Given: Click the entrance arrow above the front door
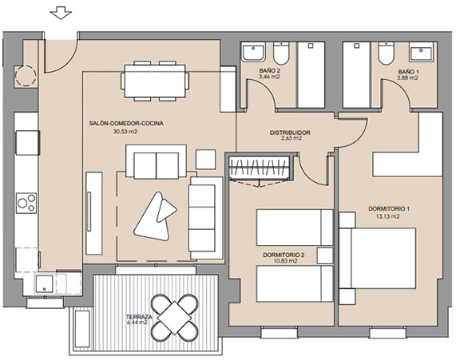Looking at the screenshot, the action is tap(61, 14).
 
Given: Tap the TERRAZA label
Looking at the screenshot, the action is tap(139, 317).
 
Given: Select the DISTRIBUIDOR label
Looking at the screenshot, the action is tap(290, 133).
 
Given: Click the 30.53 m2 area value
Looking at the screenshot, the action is tap(125, 132).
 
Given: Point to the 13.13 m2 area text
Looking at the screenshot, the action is tap(387, 216).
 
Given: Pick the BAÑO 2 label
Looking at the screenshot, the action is tap(270, 71).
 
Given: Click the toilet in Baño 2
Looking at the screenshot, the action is tap(281, 53).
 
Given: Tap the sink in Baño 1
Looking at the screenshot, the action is tap(421, 53).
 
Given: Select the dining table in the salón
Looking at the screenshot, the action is tap(155, 81).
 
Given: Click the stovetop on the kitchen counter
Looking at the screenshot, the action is tap(26, 203).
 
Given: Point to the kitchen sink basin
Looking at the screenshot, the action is tap(44, 284).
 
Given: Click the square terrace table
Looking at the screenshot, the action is tap(174, 318).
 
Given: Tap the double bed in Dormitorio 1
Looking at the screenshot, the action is tap(383, 259).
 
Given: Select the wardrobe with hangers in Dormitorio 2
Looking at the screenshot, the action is tap(259, 168).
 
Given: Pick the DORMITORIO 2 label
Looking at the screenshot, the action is tap(284, 255).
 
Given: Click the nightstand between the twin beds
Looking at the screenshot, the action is tap(325, 255).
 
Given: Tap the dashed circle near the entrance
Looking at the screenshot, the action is tap(26, 76).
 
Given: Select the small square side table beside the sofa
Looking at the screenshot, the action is tap(205, 160).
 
